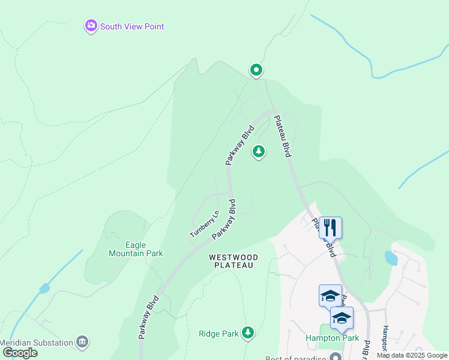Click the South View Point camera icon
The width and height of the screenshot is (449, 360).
[91, 26]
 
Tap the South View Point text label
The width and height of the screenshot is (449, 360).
[132, 26]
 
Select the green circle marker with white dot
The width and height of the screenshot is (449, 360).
[256, 70]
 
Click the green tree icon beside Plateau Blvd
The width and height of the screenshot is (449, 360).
[259, 151]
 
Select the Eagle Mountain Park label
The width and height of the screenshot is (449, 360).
[136, 249]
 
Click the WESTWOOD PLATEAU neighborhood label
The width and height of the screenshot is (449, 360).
[234, 262]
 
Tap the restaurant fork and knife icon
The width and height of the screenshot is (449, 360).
[330, 227]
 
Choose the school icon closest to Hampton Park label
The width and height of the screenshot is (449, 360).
[342, 317]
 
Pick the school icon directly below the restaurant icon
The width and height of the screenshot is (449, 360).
[330, 295]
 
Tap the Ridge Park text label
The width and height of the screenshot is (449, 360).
[219, 333]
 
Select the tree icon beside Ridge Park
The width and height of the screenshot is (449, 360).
[247, 332]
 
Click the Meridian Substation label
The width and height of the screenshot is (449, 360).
[36, 342]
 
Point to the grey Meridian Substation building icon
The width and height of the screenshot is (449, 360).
[83, 342]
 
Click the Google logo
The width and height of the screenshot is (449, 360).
[20, 353]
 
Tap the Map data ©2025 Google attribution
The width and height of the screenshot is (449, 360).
[412, 355]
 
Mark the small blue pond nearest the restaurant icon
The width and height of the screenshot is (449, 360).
[391, 258]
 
